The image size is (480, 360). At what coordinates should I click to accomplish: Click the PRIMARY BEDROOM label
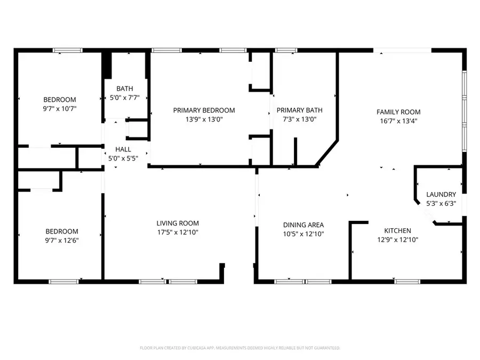[x=204, y=110]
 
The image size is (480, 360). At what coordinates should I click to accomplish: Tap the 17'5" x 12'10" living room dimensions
[x=178, y=233]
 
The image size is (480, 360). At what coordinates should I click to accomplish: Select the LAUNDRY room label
[x=441, y=194]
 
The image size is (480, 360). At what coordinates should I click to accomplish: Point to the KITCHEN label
[x=398, y=230]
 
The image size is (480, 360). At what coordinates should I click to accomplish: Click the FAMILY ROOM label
[x=398, y=112]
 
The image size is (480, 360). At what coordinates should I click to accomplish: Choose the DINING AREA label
[x=303, y=225]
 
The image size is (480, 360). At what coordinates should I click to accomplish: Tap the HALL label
[x=123, y=149]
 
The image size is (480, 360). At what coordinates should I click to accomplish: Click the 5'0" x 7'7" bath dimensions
[x=125, y=98]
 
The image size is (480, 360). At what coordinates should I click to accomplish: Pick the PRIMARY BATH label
[x=299, y=110]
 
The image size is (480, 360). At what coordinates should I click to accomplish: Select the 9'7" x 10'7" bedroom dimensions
[x=60, y=108]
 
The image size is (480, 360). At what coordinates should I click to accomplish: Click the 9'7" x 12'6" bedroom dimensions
[x=62, y=241]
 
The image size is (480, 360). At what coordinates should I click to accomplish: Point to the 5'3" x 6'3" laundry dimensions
[x=441, y=203]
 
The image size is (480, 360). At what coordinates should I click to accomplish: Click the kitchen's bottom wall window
[x=407, y=282]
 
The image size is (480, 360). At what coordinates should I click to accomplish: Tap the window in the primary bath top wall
[x=286, y=50]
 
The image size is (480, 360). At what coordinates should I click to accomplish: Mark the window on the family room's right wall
[x=465, y=111]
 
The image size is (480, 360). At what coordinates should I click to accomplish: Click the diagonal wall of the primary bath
[x=327, y=153]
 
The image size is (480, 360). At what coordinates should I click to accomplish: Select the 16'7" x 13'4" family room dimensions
[x=398, y=121]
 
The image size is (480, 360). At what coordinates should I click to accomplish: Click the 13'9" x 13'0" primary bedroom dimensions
[x=204, y=119]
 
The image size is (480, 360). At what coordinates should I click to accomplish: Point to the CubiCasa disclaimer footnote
[x=239, y=348]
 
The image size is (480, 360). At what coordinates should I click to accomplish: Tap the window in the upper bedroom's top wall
[x=68, y=50]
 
